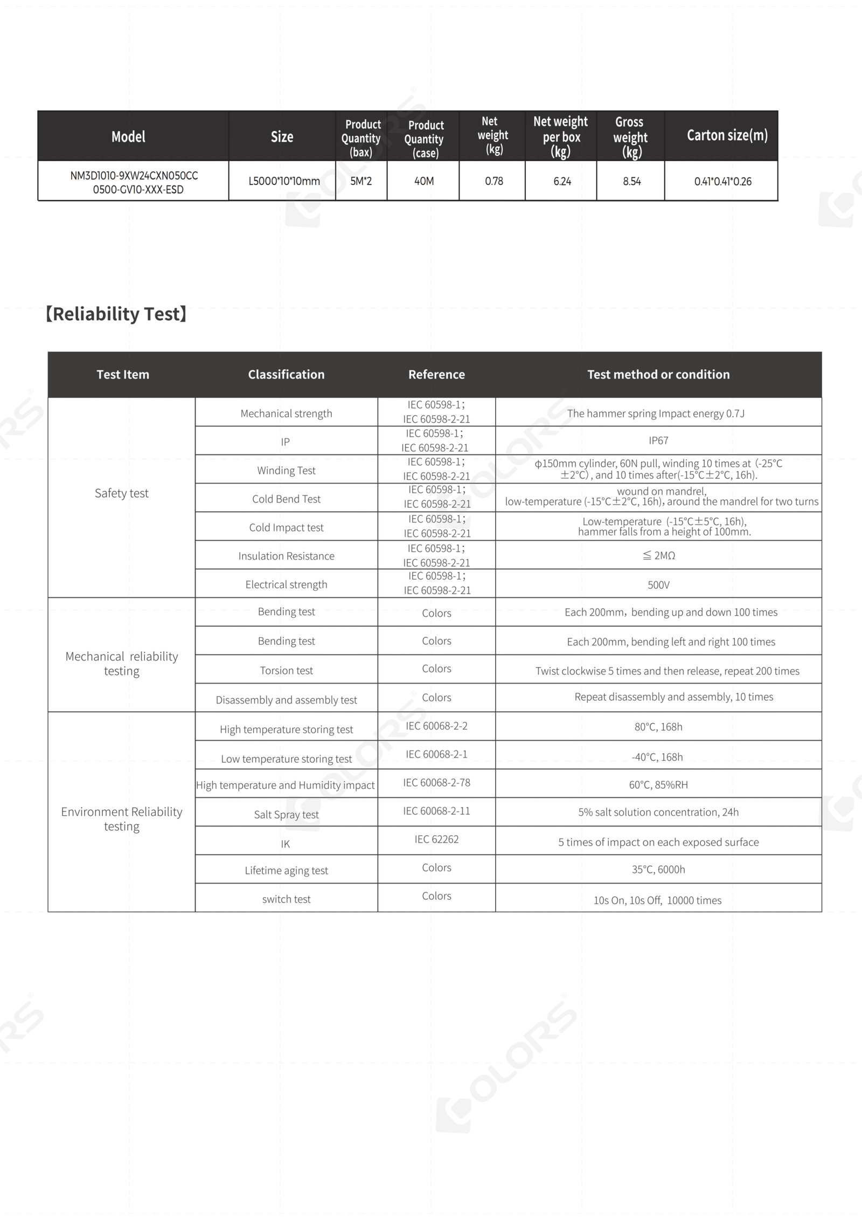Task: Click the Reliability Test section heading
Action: tap(116, 314)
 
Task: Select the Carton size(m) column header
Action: tap(727, 135)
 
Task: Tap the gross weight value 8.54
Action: tap(631, 182)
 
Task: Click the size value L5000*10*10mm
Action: tap(284, 182)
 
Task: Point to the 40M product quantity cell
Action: tap(424, 182)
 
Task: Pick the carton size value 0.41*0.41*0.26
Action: tap(722, 182)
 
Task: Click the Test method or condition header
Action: tap(658, 375)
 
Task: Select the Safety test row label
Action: tap(122, 493)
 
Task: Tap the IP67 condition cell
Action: tap(658, 441)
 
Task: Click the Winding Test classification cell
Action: tap(286, 471)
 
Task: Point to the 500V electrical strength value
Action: tap(658, 585)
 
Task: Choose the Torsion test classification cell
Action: tap(286, 671)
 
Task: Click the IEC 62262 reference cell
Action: tap(436, 839)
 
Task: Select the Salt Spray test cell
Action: tap(286, 815)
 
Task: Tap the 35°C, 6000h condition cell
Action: tap(658, 870)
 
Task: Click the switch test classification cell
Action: tap(286, 899)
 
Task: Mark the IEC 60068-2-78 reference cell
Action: tap(436, 783)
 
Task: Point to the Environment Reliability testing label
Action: tap(122, 819)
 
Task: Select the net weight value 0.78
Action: tap(493, 182)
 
